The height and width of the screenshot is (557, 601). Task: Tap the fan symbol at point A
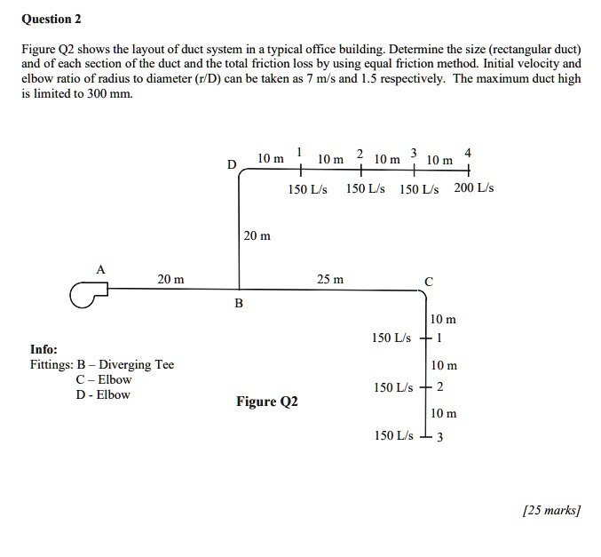tap(87, 293)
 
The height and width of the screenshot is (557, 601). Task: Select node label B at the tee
tap(238, 305)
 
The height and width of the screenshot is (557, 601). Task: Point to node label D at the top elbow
tap(232, 165)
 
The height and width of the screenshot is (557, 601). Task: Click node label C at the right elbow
tap(430, 281)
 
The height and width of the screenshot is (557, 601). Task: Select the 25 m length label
tap(329, 280)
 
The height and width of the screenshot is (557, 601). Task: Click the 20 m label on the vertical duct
tap(257, 236)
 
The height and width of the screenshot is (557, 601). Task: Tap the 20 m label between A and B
tap(171, 280)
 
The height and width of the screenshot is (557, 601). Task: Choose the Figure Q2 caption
tap(267, 402)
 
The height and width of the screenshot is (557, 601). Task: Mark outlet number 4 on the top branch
tap(468, 152)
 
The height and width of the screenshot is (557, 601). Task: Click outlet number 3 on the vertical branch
tap(440, 436)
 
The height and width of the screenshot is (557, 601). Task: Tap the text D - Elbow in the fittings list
tap(103, 394)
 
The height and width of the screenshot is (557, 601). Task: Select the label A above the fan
tap(100, 268)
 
